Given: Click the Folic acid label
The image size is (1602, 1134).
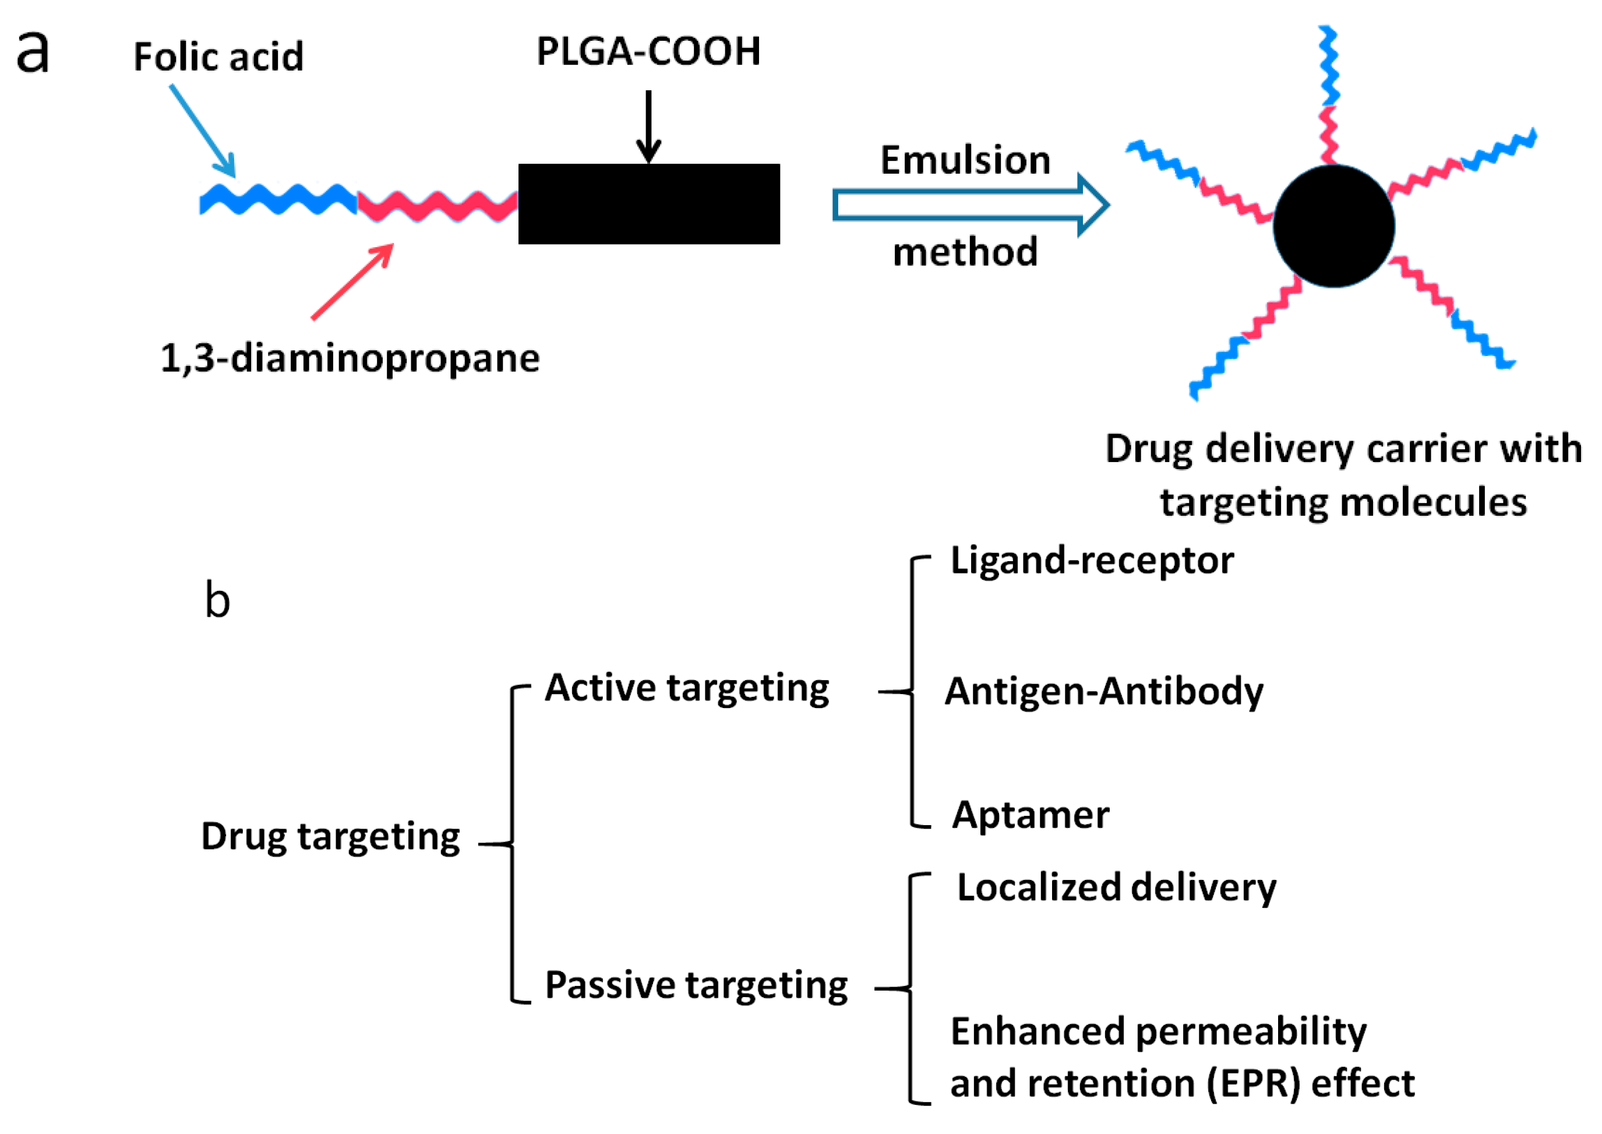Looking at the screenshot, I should (x=218, y=57).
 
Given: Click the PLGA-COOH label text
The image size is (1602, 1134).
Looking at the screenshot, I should (x=648, y=52).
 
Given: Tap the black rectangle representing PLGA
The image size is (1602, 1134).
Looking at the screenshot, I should (x=648, y=204).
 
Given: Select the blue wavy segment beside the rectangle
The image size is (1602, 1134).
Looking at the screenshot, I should (x=278, y=200).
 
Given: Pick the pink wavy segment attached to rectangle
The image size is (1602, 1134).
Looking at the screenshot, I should (x=437, y=206).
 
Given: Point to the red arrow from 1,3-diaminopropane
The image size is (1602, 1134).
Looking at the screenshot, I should (x=352, y=282).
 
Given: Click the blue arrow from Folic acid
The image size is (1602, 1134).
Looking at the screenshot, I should (x=202, y=131).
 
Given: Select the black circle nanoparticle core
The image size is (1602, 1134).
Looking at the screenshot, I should (x=1333, y=226).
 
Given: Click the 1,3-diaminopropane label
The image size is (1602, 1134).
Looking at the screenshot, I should (x=350, y=359).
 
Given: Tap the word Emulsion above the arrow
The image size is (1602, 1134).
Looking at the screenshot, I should (x=965, y=161).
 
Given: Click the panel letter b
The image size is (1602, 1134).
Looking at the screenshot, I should (x=217, y=601).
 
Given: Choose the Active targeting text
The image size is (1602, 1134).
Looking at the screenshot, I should (x=687, y=689).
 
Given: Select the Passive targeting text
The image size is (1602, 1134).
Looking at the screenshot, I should (x=696, y=986).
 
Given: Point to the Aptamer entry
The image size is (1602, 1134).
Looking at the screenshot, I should (x=1031, y=815).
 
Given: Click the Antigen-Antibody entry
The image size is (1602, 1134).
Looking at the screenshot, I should (x=1103, y=692).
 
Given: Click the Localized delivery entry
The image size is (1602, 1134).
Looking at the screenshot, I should (x=1116, y=888).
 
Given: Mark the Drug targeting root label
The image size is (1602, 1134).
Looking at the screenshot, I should (x=330, y=837).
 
